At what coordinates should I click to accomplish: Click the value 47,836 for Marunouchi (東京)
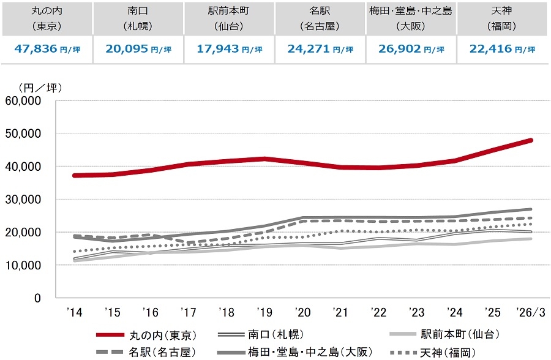tap(38, 50)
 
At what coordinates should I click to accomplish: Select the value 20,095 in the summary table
tap(129, 50)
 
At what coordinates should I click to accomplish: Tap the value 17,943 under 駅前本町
tap(220, 50)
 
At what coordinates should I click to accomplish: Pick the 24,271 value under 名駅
tap(312, 50)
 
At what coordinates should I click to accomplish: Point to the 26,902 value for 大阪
tap(403, 50)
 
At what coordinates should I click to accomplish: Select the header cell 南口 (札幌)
tap(138, 19)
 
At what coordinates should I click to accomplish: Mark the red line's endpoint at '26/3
tap(531, 140)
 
